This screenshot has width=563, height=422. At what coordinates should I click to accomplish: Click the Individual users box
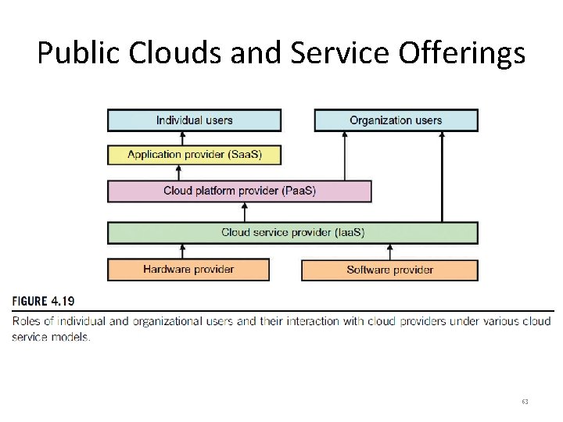point(194,120)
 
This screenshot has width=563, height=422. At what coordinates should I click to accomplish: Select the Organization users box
point(396,120)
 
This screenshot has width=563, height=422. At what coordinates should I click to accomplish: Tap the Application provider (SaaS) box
point(194,155)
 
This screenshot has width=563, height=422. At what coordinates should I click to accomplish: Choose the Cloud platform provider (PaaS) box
point(239,191)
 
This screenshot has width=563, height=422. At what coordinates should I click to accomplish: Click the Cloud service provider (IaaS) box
point(292,233)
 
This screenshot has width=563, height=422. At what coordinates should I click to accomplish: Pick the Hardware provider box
point(188,270)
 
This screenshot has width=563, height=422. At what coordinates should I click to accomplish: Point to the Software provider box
point(389,270)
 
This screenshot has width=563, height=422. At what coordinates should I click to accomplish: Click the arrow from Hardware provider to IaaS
point(183,251)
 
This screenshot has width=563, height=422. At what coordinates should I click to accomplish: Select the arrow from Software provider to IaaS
point(389,251)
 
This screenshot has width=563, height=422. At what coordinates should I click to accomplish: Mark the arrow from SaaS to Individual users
point(183,138)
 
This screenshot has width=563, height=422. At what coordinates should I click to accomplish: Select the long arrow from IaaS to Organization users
point(442,176)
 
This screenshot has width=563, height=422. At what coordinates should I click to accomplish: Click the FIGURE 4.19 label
point(44,301)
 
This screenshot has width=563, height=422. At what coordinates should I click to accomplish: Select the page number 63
point(525,402)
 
